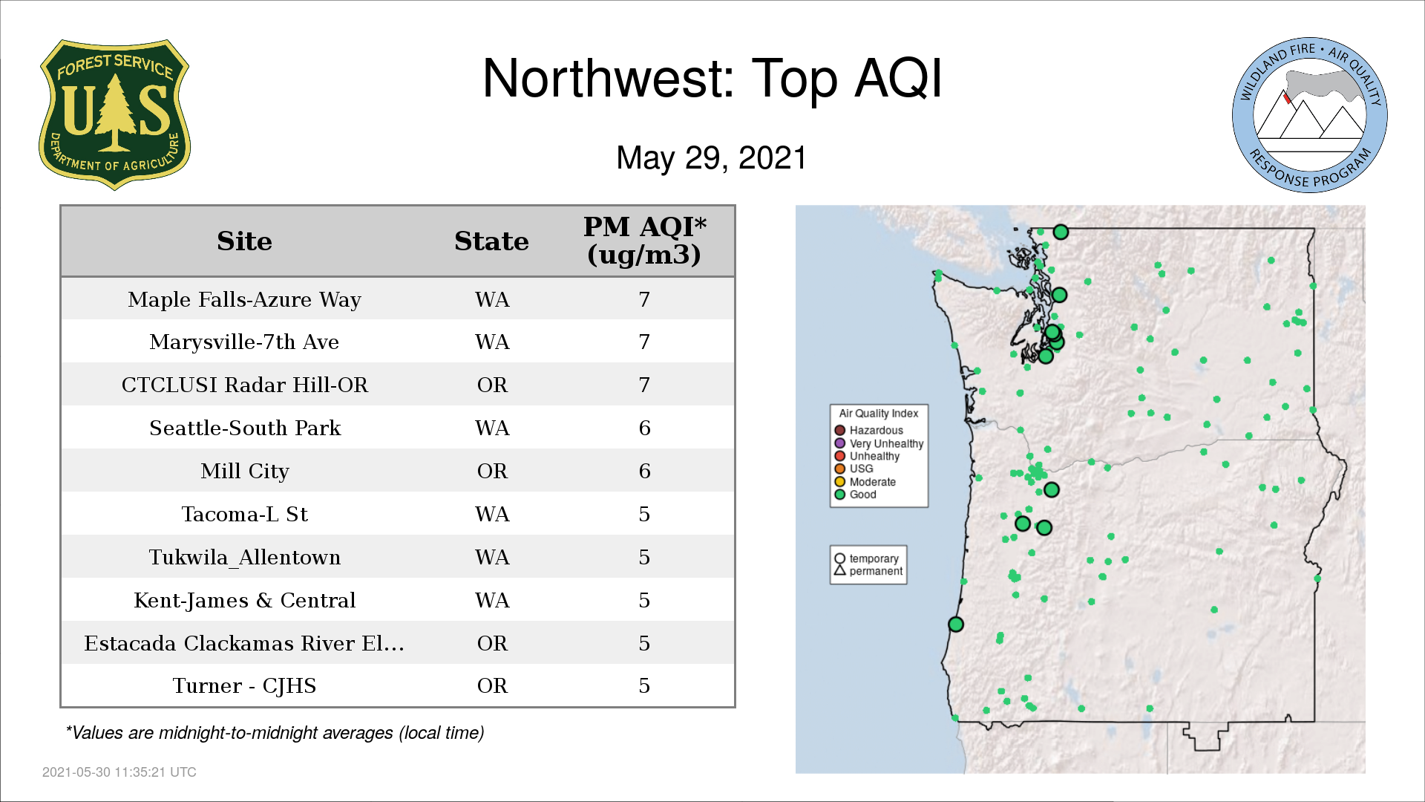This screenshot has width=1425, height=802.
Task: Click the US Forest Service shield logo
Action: pos(114,114)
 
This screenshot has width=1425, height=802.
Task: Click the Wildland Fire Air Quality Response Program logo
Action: pos(1309,115)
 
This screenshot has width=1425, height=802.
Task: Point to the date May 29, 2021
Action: pos(711,157)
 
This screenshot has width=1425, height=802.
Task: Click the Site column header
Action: pos(244,241)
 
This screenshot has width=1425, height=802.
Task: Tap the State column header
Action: pos(491,241)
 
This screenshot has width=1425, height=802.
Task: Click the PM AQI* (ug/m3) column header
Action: pos(644,240)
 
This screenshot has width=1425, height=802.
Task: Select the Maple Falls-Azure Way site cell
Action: pos(244,299)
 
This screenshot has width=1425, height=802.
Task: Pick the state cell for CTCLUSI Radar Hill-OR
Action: pos(492,385)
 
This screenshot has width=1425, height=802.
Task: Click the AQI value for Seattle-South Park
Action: pos(644,428)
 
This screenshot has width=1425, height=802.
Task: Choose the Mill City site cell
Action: pos(244,471)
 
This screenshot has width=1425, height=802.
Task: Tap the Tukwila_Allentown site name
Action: pos(244,557)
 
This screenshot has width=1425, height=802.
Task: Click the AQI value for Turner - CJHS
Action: pos(644,685)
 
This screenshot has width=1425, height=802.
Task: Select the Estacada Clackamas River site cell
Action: pos(244,643)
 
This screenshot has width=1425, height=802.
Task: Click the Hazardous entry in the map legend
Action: pos(869,430)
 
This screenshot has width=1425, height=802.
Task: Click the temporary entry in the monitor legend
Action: pos(866,558)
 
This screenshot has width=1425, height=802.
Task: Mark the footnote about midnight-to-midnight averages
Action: pos(275,733)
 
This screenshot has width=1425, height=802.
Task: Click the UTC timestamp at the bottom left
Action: pos(119,772)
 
